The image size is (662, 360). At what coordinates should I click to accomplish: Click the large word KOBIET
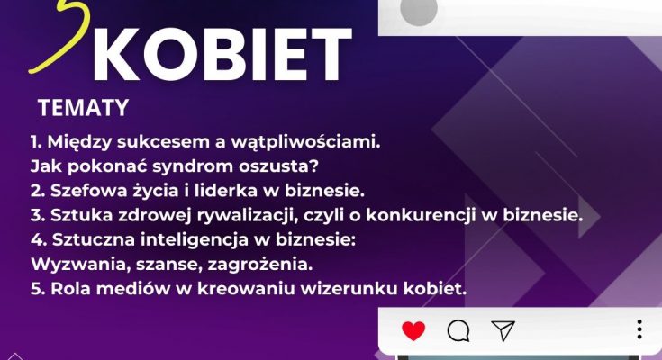point(222,54)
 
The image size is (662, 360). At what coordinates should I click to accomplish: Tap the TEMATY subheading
point(83,108)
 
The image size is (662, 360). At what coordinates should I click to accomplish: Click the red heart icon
point(413,330)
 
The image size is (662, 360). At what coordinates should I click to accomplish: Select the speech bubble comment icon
point(458,330)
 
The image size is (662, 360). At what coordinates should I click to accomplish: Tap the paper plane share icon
point(503,330)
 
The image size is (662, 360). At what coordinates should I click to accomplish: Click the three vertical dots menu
point(639,329)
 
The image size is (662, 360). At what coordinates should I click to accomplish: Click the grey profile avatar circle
point(419,11)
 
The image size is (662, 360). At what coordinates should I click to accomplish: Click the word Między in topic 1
point(80,142)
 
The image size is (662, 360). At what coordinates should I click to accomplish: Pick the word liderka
point(226,191)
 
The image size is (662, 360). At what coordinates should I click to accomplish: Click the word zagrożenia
point(260,265)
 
